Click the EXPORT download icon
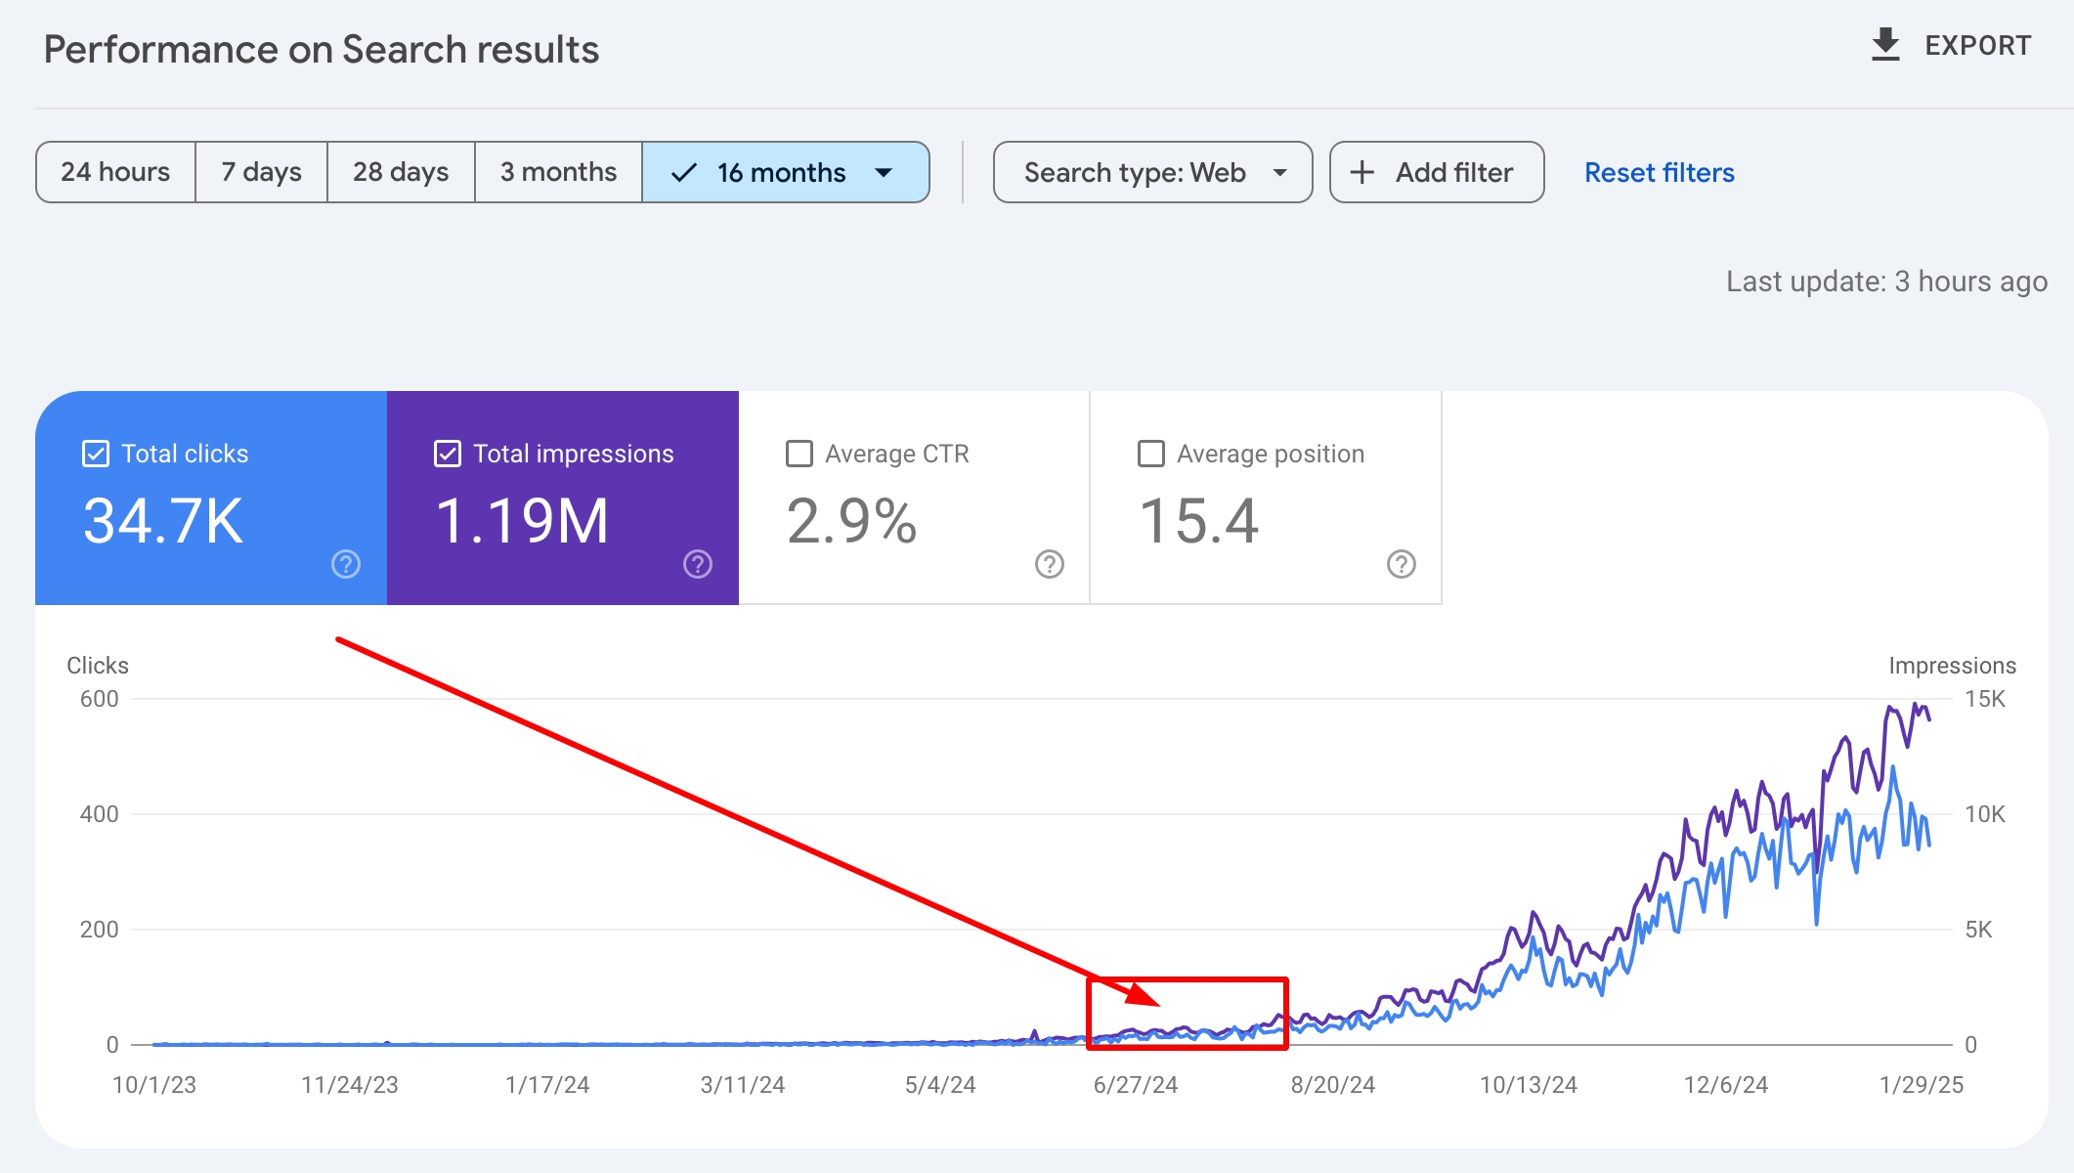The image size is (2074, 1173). [x=1885, y=45]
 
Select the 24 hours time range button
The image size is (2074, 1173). [x=115, y=172]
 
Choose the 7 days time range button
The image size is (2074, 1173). [x=261, y=172]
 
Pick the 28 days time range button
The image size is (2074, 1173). [x=401, y=172]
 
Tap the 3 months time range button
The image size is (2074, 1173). [x=558, y=172]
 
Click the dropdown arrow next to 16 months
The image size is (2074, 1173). [x=885, y=173]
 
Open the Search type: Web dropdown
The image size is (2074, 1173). [x=1152, y=172]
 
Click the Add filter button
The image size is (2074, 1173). [x=1436, y=172]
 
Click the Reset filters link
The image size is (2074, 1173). [x=1659, y=172]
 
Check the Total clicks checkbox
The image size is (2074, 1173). [x=96, y=454]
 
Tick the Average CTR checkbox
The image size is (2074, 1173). [x=799, y=454]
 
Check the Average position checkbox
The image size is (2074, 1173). [x=1151, y=454]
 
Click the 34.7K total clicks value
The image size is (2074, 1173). [x=163, y=520]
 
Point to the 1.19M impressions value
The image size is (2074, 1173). [x=522, y=520]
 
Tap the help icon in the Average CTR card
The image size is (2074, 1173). [x=1050, y=564]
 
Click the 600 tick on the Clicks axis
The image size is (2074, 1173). [x=99, y=699]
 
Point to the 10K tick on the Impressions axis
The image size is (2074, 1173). [x=1984, y=814]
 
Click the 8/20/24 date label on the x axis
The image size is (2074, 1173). [x=1332, y=1085]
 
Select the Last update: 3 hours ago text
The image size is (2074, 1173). [x=1886, y=282]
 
